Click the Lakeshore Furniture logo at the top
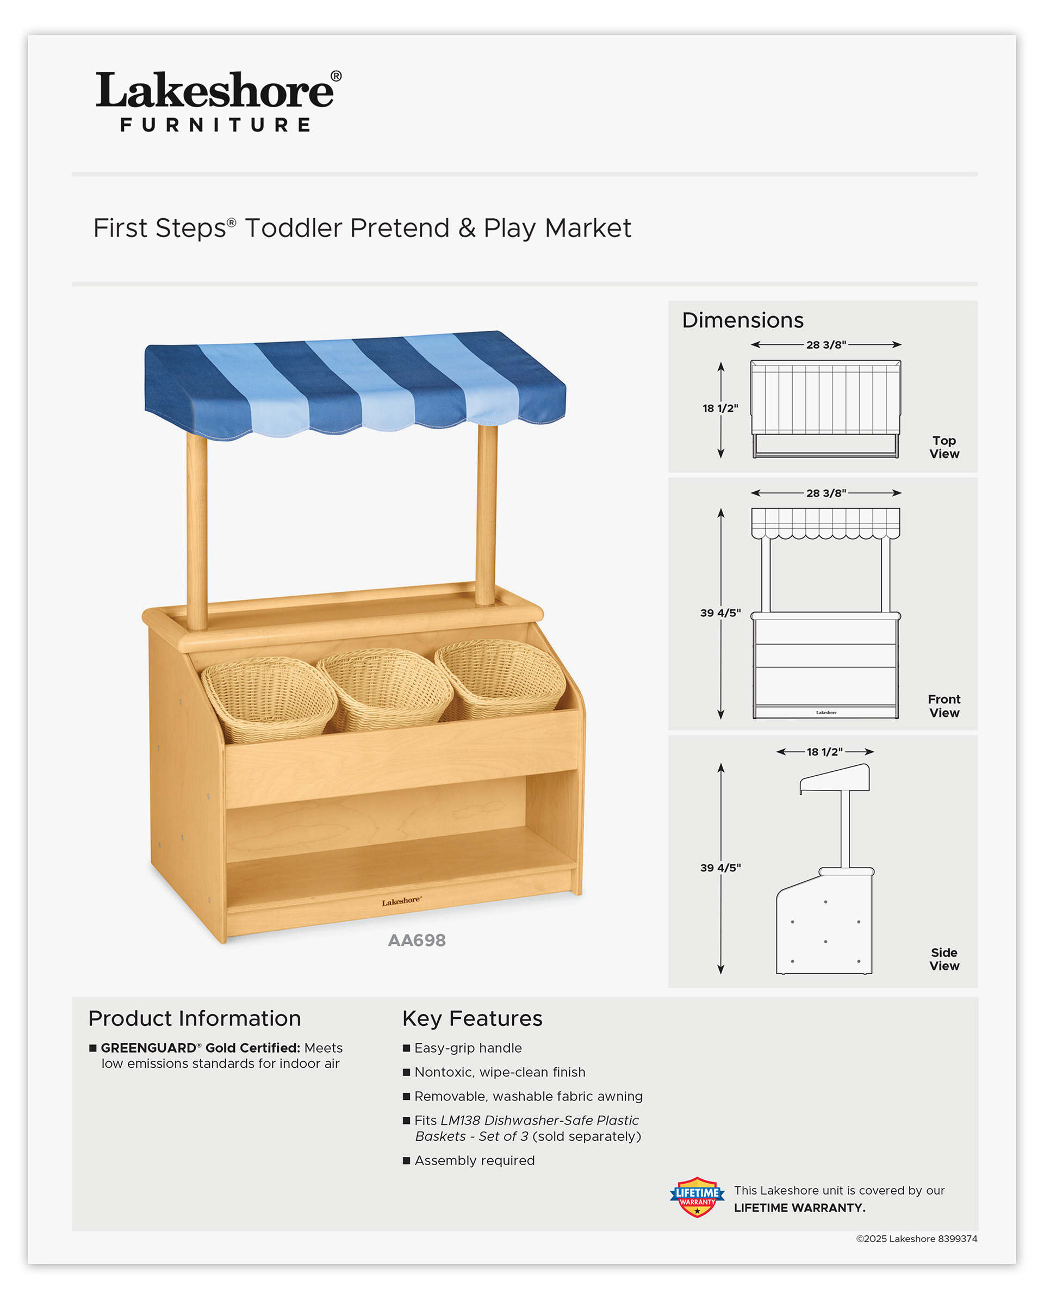click(x=218, y=101)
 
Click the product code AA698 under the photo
click(x=417, y=940)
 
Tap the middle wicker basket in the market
click(x=386, y=688)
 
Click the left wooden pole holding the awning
click(x=196, y=530)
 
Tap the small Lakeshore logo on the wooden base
click(x=401, y=901)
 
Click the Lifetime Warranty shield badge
click(x=697, y=1197)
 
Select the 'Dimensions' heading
click(x=742, y=320)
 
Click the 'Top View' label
click(x=943, y=447)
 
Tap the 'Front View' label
click(x=943, y=706)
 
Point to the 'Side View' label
click(x=943, y=958)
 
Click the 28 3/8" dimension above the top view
click(x=826, y=345)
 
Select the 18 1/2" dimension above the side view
click(x=824, y=751)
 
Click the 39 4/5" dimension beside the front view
click(x=720, y=613)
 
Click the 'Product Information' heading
click(x=194, y=1018)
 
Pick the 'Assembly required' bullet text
click(x=474, y=1160)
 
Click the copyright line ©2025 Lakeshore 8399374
click(x=916, y=1239)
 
